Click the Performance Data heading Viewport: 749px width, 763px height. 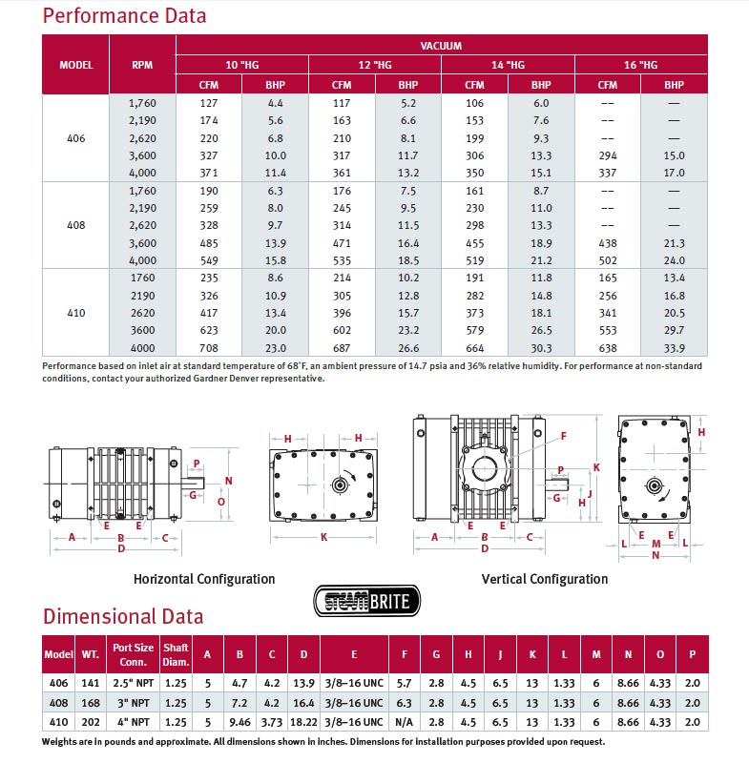[125, 16]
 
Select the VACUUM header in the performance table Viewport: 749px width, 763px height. [441, 45]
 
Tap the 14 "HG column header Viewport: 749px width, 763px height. [508, 65]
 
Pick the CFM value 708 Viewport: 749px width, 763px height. [209, 348]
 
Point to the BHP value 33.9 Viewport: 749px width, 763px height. [674, 348]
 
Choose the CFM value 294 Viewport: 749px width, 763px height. [608, 155]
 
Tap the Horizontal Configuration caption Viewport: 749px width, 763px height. [204, 579]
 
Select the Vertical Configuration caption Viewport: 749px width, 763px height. [545, 579]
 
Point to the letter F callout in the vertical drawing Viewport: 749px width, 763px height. [564, 436]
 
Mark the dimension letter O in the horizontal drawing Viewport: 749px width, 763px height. [220, 501]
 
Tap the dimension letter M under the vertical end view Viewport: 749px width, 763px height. [655, 545]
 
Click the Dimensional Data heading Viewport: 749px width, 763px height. [123, 616]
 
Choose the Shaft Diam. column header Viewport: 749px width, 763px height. [176, 653]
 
